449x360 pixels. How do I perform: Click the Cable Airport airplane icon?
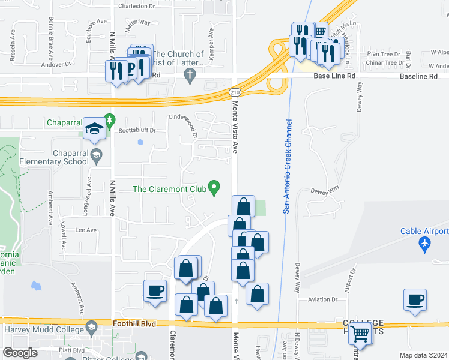tap(425, 244)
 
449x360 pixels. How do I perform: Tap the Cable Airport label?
tap(424, 231)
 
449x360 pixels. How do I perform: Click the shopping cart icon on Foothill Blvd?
tap(360, 332)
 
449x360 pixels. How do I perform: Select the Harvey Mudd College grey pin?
tap(92, 328)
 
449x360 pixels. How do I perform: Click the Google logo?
tap(20, 353)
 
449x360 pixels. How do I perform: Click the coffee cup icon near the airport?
tap(415, 299)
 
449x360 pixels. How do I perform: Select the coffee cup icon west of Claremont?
tap(155, 291)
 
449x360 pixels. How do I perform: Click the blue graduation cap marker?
tap(94, 128)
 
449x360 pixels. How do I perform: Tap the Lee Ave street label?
tap(86, 230)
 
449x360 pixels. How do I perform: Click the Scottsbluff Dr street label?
tap(137, 130)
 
